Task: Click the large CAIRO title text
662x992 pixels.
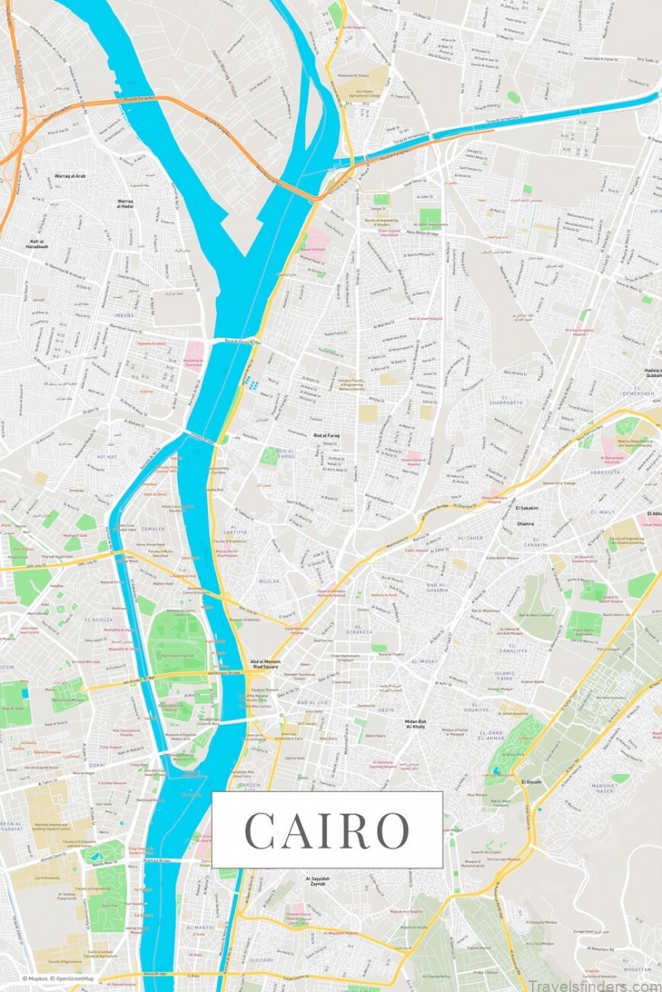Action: pos(328,830)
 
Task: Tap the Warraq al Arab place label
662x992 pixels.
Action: pos(49,176)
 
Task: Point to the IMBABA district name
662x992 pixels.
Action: pos(124,291)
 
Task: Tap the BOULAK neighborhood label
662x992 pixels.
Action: pos(270,581)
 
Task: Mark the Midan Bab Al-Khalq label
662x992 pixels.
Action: pos(415,725)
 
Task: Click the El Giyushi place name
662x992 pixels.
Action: pos(532,781)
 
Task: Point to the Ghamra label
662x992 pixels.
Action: pos(525,523)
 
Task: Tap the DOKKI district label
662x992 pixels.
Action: pos(97,765)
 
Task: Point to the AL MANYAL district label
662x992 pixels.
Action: pos(199,928)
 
